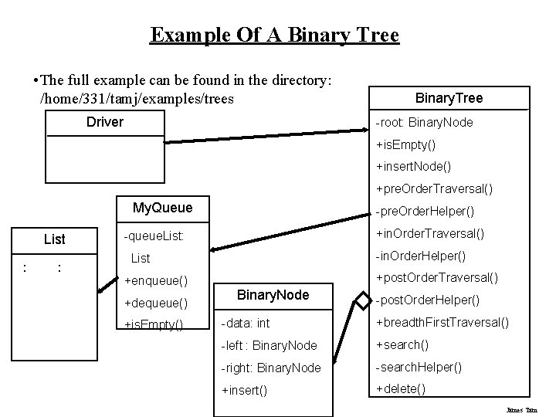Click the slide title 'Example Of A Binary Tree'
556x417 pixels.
pyautogui.click(x=274, y=36)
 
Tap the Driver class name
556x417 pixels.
pyautogui.click(x=105, y=122)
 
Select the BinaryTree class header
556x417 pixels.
pyautogui.click(x=449, y=98)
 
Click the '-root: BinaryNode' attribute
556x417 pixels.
pyautogui.click(x=424, y=123)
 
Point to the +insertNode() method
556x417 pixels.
pyautogui.click(x=413, y=166)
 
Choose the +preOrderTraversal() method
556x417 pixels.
pyautogui.click(x=434, y=188)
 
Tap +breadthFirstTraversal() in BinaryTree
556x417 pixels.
pyautogui.click(x=442, y=322)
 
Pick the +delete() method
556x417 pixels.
pyautogui.click(x=400, y=388)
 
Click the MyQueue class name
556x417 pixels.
pyautogui.click(x=162, y=208)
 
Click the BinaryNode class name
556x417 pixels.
pyautogui.click(x=273, y=295)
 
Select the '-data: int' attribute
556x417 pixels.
pyautogui.click(x=246, y=323)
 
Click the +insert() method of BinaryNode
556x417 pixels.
pyautogui.click(x=244, y=390)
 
